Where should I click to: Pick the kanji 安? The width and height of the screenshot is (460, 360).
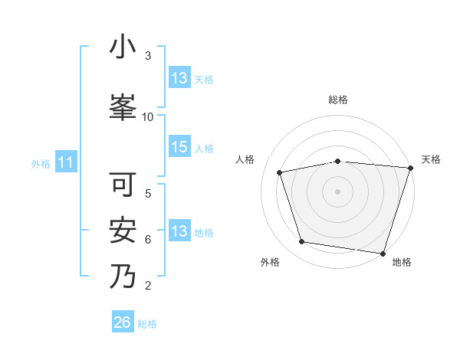pos(123,231)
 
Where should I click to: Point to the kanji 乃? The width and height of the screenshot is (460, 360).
pos(123,277)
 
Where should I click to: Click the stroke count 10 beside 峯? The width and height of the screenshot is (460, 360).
pos(148,116)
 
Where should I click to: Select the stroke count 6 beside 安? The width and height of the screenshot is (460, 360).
pos(148,239)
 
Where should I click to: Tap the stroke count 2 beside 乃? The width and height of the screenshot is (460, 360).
pos(148,286)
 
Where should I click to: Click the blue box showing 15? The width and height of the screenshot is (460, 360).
pos(179,148)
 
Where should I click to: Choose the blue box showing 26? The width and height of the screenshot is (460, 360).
pos(123,323)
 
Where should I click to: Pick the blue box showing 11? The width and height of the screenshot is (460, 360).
pos(66,162)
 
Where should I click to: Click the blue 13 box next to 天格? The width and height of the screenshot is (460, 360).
pos(179,78)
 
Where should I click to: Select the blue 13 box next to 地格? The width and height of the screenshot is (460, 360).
pos(179,232)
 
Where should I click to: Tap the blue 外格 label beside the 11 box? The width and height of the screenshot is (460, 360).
pos(41,163)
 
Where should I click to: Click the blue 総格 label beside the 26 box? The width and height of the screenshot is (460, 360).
pos(147,324)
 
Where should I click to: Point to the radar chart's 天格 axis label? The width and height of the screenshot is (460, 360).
pos(431,159)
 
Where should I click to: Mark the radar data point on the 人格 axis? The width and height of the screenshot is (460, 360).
pos(280,172)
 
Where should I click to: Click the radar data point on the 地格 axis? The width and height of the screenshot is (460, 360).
pos(383,253)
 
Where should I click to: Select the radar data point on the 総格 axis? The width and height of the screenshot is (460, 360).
pos(338,161)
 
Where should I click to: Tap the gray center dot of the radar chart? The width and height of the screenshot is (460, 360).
pos(338,191)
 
